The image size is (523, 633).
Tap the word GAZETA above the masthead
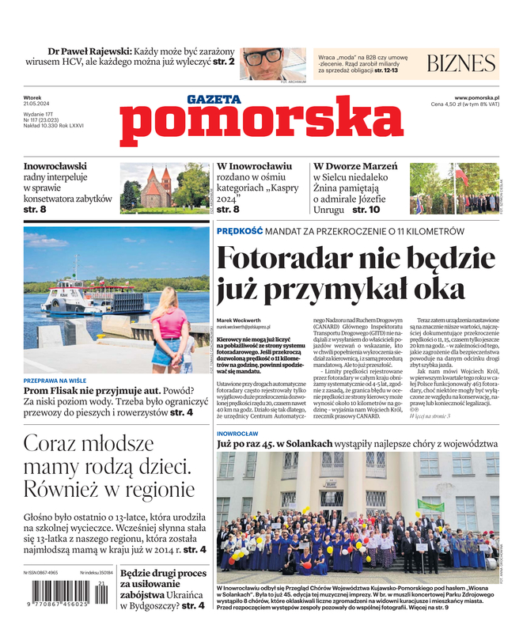pos(214,100)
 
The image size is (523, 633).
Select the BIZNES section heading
pos(460,64)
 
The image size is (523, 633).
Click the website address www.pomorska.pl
pos(481,97)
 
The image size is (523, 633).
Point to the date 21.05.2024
pos(38,104)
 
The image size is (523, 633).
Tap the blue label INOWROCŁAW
pos(238,434)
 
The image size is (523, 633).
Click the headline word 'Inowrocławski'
pos(55,167)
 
